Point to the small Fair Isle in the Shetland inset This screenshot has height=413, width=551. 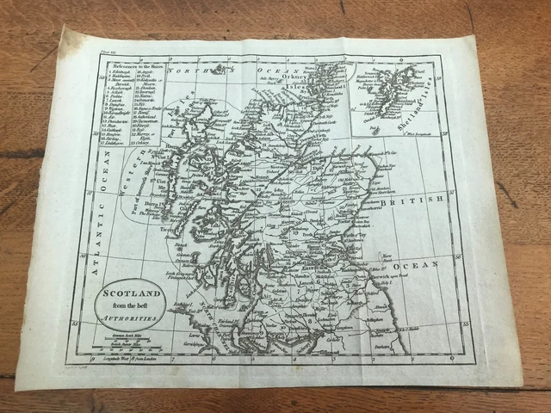376,130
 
